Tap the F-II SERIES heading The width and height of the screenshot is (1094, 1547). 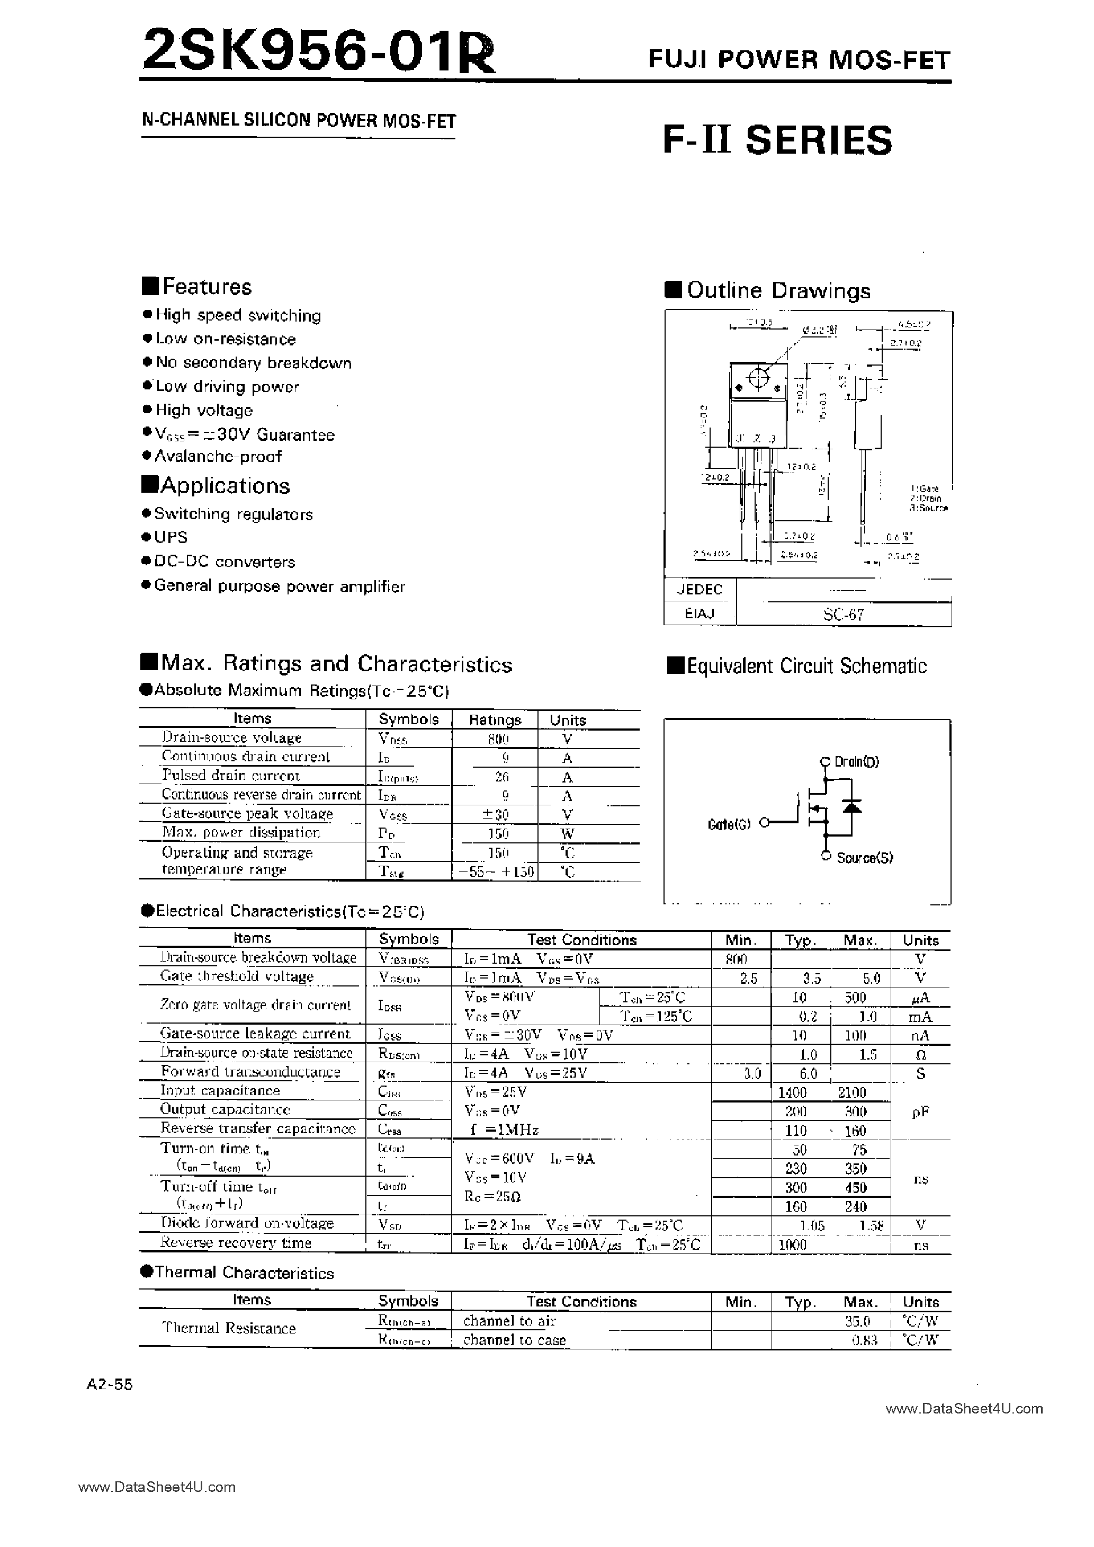777,140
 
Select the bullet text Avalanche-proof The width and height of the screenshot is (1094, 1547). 218,456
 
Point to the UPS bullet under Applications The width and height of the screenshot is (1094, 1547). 171,538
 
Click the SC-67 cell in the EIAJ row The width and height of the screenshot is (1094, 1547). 842,615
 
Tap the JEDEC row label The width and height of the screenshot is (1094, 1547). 700,590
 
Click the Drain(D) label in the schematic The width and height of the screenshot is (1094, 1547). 856,762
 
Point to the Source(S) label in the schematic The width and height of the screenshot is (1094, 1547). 864,858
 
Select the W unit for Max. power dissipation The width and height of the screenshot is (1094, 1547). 568,833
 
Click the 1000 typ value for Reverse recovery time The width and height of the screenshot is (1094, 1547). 792,1245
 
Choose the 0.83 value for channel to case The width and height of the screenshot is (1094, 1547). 864,1340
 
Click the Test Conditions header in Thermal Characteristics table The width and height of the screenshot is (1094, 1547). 581,1302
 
